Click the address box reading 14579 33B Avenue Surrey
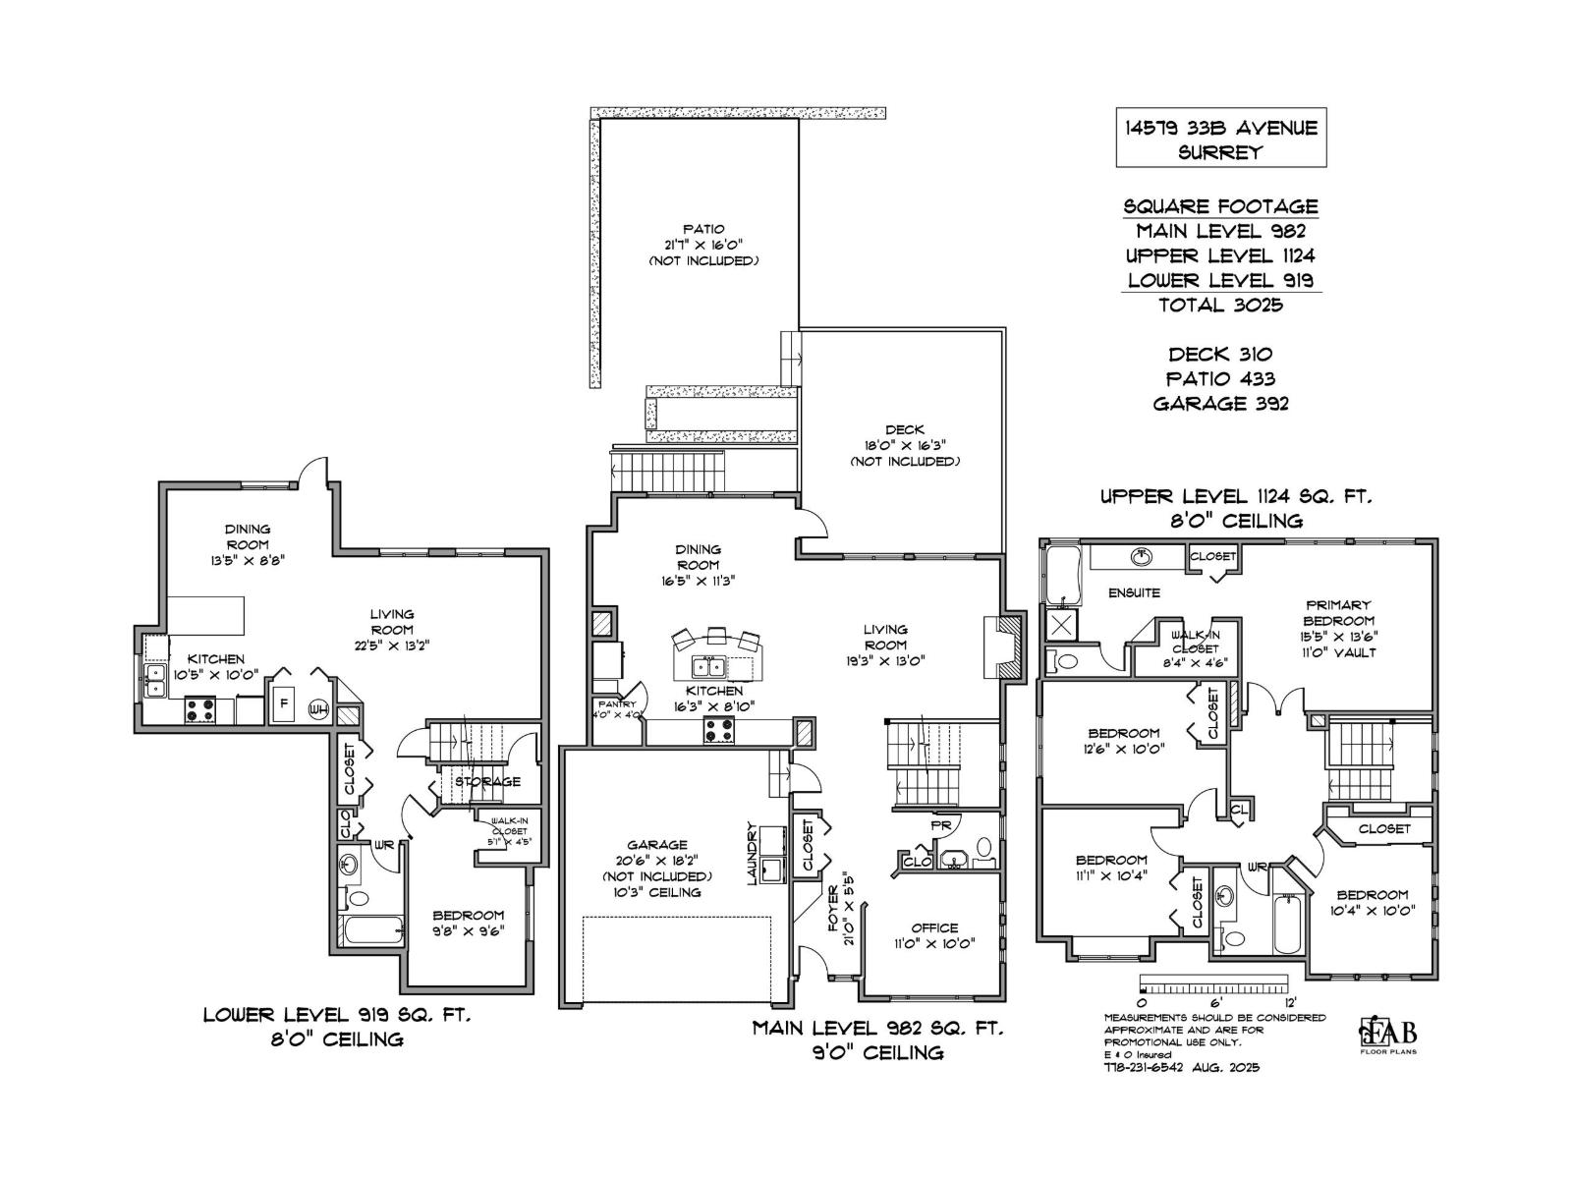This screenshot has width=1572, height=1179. tap(1221, 139)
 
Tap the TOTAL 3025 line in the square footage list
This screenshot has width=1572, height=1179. tap(1220, 305)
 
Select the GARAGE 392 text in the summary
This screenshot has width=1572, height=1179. tap(1220, 403)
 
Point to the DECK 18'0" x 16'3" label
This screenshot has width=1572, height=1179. tap(904, 445)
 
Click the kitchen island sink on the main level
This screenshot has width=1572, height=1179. tap(709, 667)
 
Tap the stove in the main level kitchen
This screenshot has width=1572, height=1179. tap(718, 731)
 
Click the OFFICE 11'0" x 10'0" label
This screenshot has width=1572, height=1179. tap(934, 935)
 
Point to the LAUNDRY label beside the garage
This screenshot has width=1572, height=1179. tap(753, 853)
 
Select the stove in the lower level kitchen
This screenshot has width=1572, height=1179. tap(200, 709)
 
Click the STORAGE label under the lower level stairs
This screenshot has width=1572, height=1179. tap(487, 781)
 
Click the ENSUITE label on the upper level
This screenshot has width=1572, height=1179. tap(1134, 592)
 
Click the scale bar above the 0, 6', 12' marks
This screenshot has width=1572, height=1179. tap(1213, 982)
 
